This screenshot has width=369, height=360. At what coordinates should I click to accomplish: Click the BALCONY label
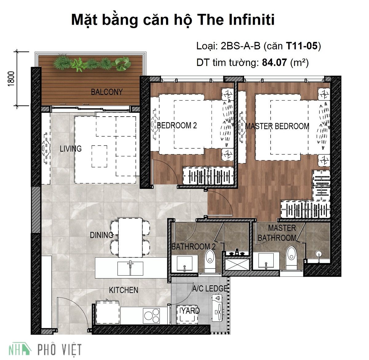tap(106, 92)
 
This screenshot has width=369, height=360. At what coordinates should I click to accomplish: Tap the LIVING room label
tap(71, 149)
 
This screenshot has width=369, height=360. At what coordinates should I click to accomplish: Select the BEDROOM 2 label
tap(177, 126)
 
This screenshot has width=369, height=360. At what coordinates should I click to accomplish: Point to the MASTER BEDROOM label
tap(277, 126)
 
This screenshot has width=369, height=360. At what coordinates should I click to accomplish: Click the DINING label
tap(101, 235)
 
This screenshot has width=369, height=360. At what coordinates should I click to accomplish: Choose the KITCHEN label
tap(124, 290)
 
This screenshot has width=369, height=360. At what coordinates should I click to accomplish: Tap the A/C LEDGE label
tap(210, 289)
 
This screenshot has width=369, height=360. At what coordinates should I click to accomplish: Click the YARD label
tap(190, 311)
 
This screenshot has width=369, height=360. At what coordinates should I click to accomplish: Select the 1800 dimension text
tap(11, 79)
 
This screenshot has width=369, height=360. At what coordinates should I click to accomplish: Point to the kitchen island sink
tap(130, 268)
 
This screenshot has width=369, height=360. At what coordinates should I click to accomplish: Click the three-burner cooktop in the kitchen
tap(152, 316)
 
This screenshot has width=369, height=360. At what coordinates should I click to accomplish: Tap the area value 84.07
tap(275, 63)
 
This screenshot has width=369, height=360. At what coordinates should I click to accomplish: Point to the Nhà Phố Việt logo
tap(45, 350)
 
